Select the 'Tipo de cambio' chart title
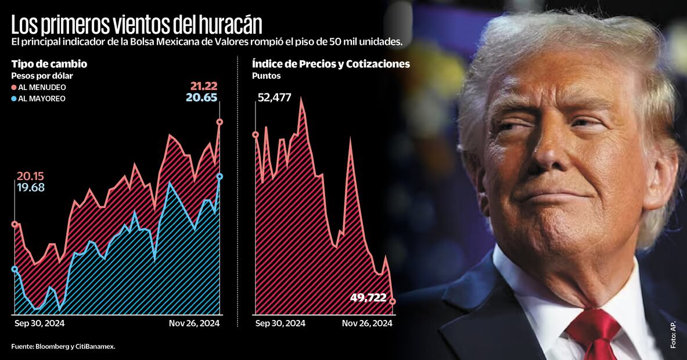(49, 64)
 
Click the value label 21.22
(203, 86)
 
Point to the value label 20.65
(202, 98)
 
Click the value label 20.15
(30, 177)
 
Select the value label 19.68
(30, 188)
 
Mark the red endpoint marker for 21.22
(220, 122)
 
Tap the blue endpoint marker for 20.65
(220, 177)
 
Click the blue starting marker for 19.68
(15, 269)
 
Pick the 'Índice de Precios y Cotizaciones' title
(331, 64)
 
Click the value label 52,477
(274, 97)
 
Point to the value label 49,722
(368, 298)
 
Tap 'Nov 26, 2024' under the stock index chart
(367, 323)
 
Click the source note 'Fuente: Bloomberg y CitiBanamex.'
(63, 347)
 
